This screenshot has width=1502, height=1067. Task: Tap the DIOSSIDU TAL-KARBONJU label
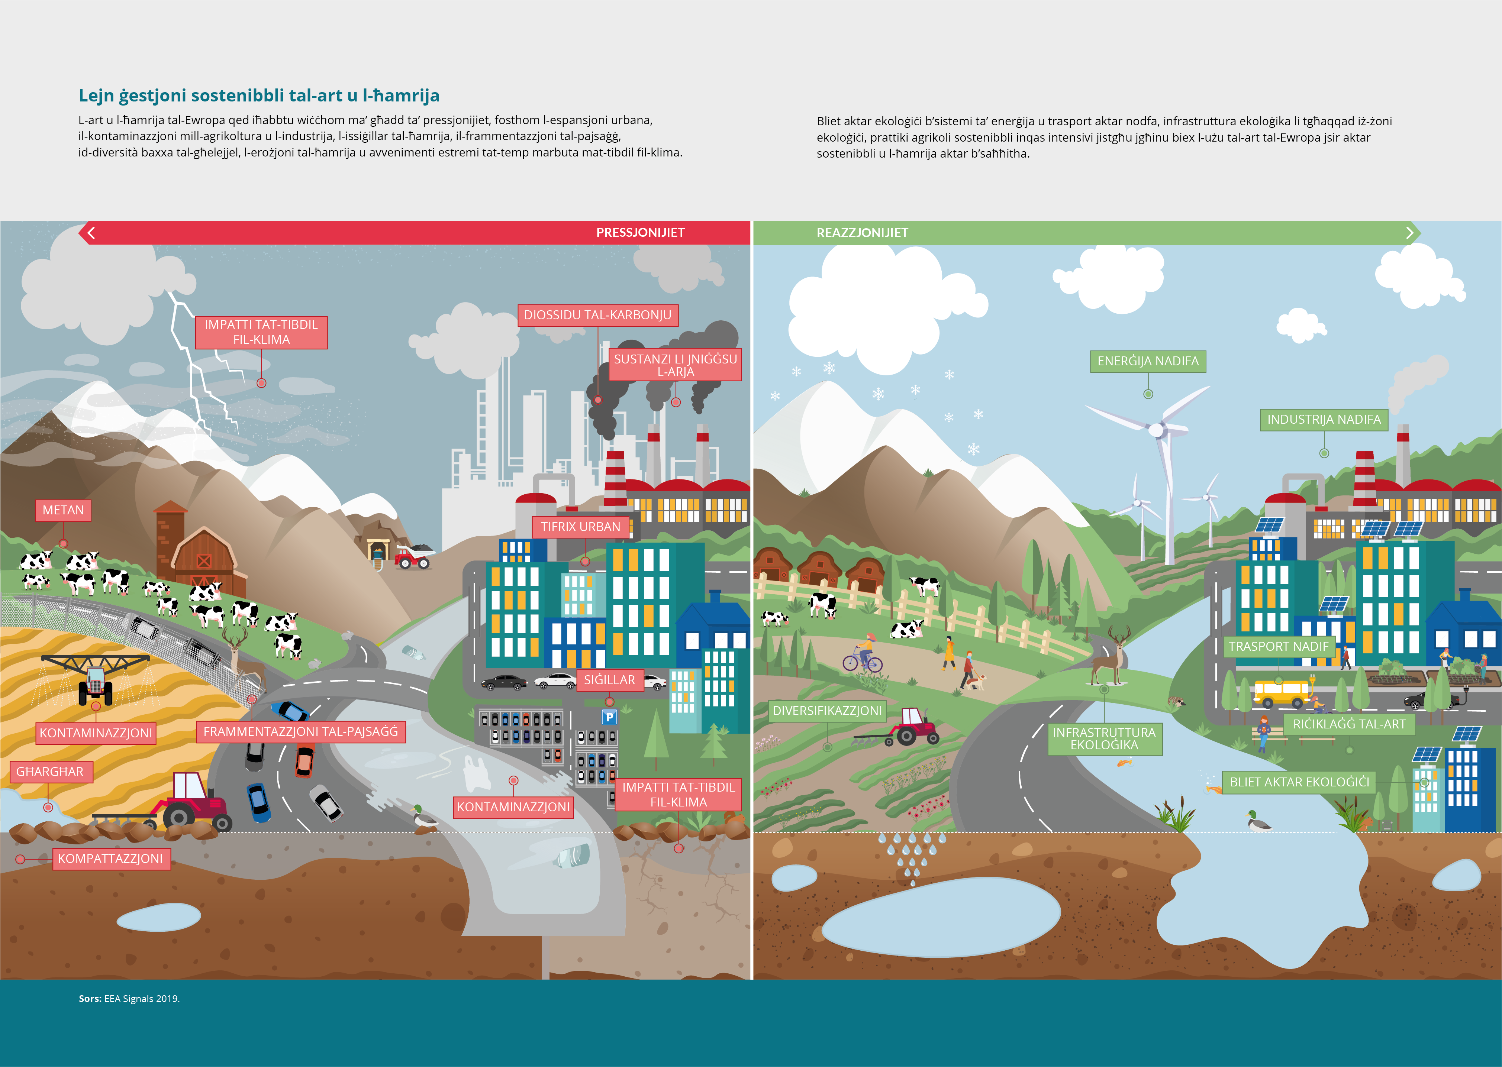(x=597, y=316)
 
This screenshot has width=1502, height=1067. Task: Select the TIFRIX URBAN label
(x=580, y=527)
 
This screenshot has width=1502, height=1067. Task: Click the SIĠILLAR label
(x=609, y=680)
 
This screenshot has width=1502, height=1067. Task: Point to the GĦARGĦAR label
(x=50, y=772)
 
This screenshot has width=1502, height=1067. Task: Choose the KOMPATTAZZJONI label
(x=110, y=859)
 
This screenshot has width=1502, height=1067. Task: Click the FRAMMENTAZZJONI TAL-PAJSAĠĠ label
(x=300, y=732)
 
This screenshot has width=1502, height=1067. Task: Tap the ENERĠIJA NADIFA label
(x=1148, y=361)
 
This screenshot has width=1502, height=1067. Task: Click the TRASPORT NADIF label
(x=1279, y=647)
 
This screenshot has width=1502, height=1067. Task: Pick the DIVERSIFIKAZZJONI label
(x=827, y=711)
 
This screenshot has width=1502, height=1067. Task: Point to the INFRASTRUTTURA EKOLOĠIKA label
(x=1104, y=738)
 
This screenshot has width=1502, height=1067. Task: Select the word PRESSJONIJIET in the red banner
(x=640, y=233)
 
